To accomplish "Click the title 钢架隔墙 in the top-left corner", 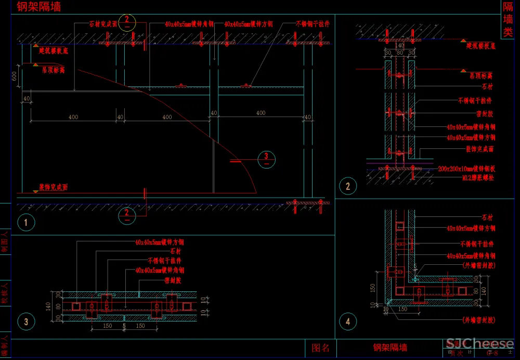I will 38,7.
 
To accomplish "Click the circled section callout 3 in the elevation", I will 266,157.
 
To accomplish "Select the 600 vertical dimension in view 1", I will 15,77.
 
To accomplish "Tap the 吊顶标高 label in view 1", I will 53,70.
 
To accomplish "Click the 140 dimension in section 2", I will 399,46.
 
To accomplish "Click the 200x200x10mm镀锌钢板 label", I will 466,169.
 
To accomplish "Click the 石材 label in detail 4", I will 487,217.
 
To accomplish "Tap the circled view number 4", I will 347,321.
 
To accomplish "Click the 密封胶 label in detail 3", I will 173,280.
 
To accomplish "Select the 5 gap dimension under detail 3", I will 124,326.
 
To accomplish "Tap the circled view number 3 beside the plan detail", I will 25,322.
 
